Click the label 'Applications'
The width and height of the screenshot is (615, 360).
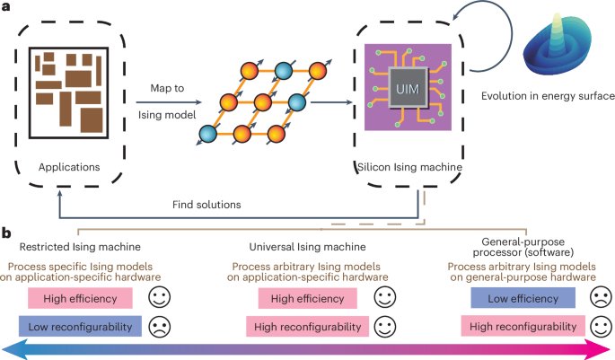(x=69, y=166)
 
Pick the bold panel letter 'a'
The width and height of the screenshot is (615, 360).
(x=7, y=7)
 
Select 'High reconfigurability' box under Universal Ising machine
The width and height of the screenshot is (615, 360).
(x=313, y=327)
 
